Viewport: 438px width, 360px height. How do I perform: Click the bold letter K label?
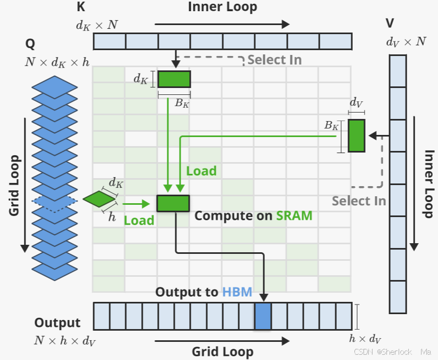pyautogui.click(x=81, y=6)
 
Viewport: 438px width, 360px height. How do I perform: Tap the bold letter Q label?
pyautogui.click(x=30, y=44)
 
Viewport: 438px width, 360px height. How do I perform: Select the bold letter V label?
pyautogui.click(x=390, y=23)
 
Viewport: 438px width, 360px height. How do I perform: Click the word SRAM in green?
pyautogui.click(x=294, y=216)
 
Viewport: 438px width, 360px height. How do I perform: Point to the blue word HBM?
pyautogui.click(x=237, y=292)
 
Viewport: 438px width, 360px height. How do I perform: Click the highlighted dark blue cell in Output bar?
pyautogui.click(x=263, y=316)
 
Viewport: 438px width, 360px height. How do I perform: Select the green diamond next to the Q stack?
pyautogui.click(x=99, y=199)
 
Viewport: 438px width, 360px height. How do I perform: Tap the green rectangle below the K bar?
pyautogui.click(x=174, y=79)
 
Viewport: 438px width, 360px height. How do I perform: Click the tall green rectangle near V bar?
pyautogui.click(x=356, y=136)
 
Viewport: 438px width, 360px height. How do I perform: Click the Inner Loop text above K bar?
pyautogui.click(x=222, y=7)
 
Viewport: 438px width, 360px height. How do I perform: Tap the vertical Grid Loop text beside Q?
pyautogui.click(x=14, y=186)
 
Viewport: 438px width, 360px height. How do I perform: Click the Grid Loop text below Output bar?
pyautogui.click(x=223, y=352)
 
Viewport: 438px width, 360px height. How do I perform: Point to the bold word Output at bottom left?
pyautogui.click(x=57, y=323)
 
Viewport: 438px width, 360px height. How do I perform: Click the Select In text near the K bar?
pyautogui.click(x=274, y=60)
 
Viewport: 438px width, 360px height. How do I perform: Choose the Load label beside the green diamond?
pyautogui.click(x=139, y=220)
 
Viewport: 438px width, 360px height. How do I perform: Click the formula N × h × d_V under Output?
pyautogui.click(x=65, y=341)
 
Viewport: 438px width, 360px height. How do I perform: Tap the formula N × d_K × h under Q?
pyautogui.click(x=57, y=62)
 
